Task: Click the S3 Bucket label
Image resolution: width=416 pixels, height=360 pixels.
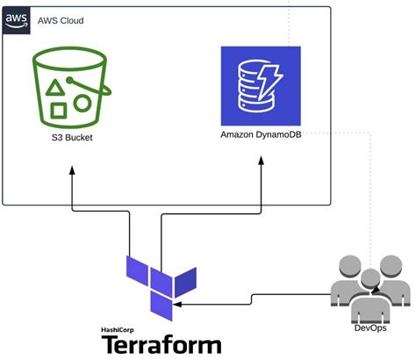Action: tap(69, 138)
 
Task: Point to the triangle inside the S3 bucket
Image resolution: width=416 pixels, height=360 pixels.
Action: tap(55, 87)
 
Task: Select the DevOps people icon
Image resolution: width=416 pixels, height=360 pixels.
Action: tap(369, 291)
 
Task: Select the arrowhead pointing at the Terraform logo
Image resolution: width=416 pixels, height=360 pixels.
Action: tap(178, 304)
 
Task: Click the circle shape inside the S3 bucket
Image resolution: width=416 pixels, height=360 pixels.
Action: tap(82, 103)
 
